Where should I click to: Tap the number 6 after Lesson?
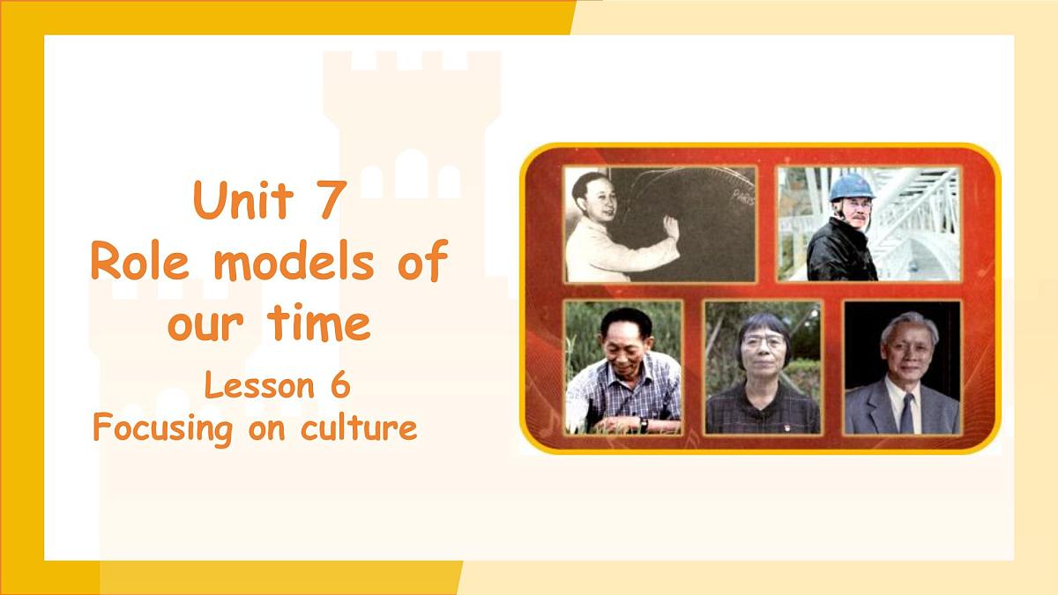point(339,386)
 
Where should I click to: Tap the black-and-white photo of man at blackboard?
point(659,224)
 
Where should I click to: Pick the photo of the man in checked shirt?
point(623,367)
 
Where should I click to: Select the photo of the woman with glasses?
point(763,367)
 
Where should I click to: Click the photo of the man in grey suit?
point(902,367)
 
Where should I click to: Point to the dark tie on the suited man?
point(906,413)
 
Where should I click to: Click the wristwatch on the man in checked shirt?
point(644,425)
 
